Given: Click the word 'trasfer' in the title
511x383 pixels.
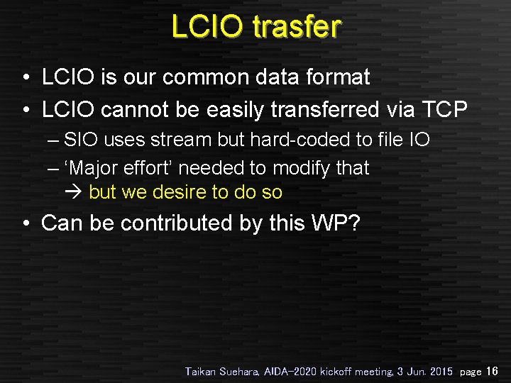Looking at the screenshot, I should (x=297, y=26).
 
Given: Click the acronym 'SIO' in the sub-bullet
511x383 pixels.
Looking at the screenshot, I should (x=81, y=140).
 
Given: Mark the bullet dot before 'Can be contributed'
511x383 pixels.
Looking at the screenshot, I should (x=26, y=224).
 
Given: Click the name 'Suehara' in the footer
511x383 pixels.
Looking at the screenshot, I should (x=242, y=371).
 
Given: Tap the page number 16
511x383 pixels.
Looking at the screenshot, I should (x=493, y=371).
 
